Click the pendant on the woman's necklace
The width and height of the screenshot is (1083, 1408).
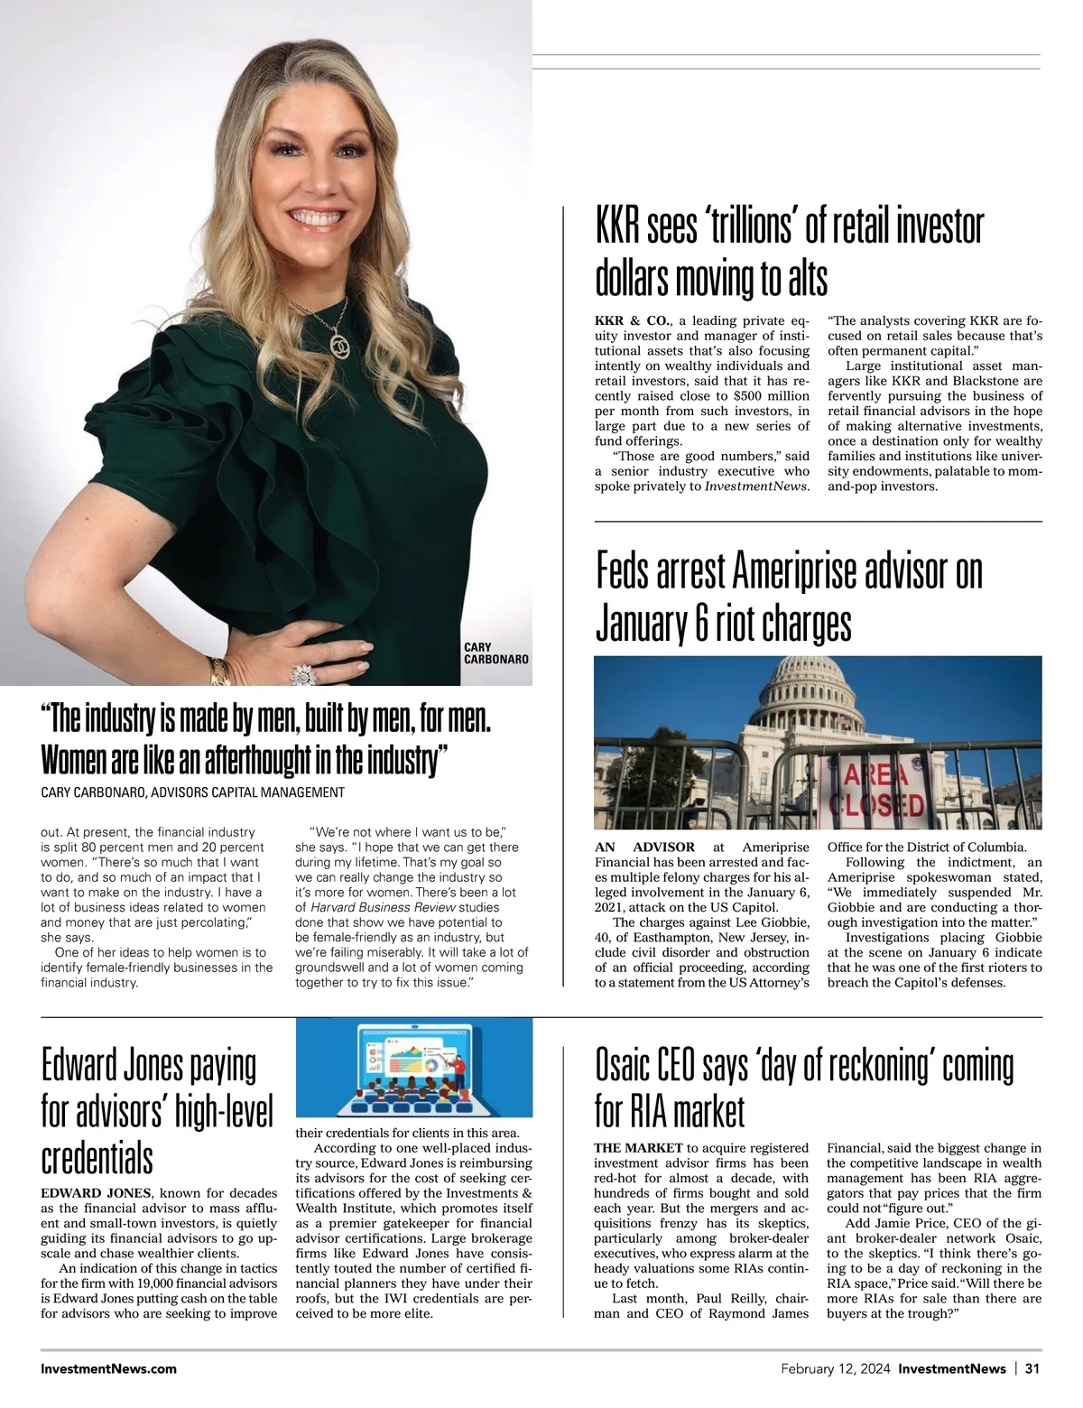pyautogui.click(x=340, y=347)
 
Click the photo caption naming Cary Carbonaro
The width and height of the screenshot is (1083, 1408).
pyautogui.click(x=495, y=653)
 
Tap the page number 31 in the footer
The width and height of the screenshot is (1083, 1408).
pyautogui.click(x=1032, y=1368)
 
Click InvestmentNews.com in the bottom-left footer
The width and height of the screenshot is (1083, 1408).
pyautogui.click(x=108, y=1368)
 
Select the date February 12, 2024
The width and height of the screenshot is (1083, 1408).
pyautogui.click(x=835, y=1368)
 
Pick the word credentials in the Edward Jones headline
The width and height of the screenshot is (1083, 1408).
pyautogui.click(x=97, y=1158)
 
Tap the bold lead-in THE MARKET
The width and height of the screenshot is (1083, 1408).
pyautogui.click(x=638, y=1148)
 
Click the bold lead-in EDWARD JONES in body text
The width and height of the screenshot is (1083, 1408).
pyautogui.click(x=96, y=1193)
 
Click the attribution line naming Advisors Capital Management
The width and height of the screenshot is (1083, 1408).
pyautogui.click(x=192, y=792)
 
